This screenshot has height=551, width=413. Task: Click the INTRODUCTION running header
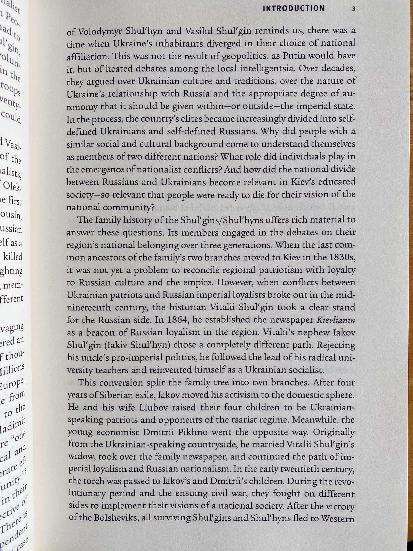click(294, 9)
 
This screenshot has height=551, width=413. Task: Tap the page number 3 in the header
click(354, 9)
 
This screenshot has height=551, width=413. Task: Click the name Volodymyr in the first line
click(100, 32)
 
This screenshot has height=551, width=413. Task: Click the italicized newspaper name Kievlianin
click(336, 320)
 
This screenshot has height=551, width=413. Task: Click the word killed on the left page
click(12, 257)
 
